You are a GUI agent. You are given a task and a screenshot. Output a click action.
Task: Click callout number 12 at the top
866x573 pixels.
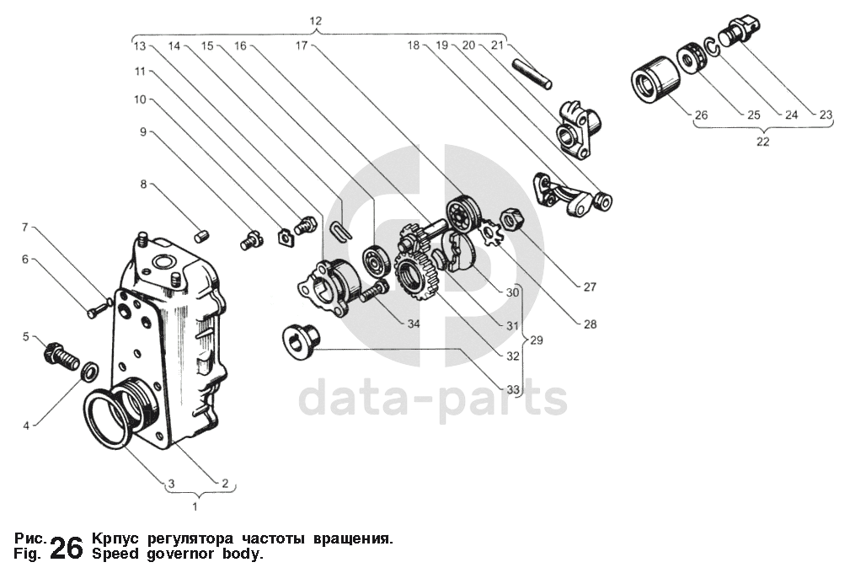click(315, 20)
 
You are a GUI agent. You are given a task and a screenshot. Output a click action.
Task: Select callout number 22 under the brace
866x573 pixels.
click(762, 142)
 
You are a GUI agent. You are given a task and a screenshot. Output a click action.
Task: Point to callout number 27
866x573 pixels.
click(589, 286)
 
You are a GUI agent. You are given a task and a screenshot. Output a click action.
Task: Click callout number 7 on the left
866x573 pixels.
click(25, 228)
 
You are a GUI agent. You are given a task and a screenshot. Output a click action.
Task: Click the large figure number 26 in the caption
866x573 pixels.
click(67, 548)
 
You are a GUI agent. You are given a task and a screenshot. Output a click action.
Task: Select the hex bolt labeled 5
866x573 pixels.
click(58, 354)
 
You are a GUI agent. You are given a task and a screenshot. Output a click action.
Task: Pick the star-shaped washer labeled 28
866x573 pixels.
click(490, 232)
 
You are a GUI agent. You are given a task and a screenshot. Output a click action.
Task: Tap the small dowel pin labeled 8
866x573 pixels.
click(201, 237)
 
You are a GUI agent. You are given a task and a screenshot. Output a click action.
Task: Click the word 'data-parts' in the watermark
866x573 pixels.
click(433, 398)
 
